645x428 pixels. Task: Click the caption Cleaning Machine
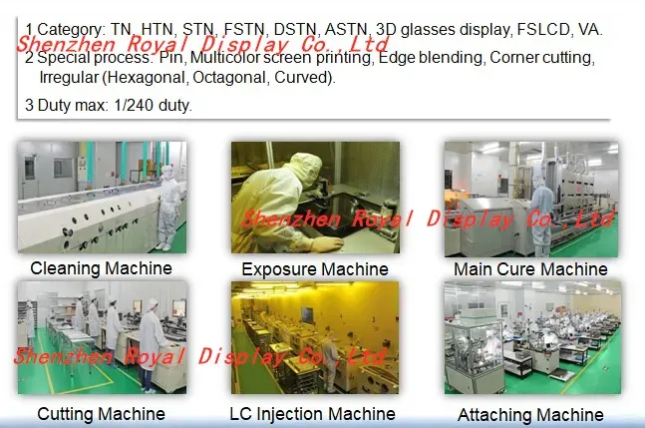click(x=101, y=267)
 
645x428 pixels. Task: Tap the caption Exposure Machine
click(x=314, y=269)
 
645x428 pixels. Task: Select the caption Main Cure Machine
click(x=529, y=269)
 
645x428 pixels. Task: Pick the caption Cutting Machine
click(x=101, y=413)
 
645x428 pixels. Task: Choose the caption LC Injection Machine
click(x=313, y=413)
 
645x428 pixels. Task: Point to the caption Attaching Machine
click(x=529, y=415)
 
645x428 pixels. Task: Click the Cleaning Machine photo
click(x=101, y=197)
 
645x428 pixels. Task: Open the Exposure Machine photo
click(x=315, y=198)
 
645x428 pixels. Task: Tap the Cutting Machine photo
click(x=101, y=337)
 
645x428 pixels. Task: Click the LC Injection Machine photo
click(x=315, y=337)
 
